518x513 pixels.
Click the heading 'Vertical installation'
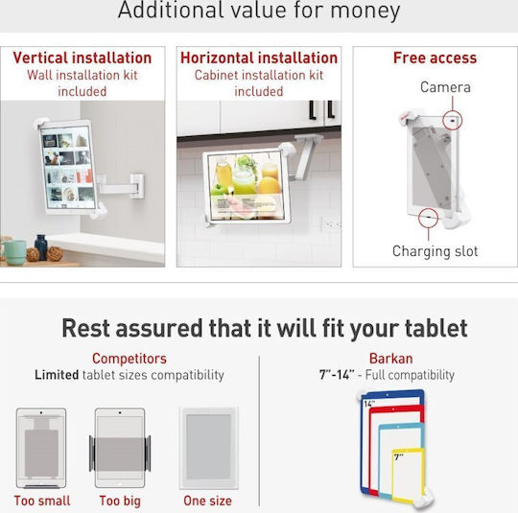pyautogui.click(x=82, y=58)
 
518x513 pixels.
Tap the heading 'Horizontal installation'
pyautogui.click(x=259, y=58)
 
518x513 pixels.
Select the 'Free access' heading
pyautogui.click(x=435, y=58)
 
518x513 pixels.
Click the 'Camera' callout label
pyautogui.click(x=445, y=87)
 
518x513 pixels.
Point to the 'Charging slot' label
pyautogui.click(x=436, y=251)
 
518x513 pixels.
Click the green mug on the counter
pyautogui.click(x=14, y=252)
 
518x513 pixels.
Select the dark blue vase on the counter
pyautogui.click(x=41, y=246)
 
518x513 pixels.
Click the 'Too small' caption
pyautogui.click(x=42, y=501)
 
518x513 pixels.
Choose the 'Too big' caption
pyautogui.click(x=120, y=501)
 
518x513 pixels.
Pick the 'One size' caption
pyautogui.click(x=207, y=501)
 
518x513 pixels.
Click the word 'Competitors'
pyautogui.click(x=129, y=359)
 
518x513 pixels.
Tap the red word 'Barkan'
pyautogui.click(x=390, y=359)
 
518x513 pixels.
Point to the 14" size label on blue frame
pyautogui.click(x=368, y=404)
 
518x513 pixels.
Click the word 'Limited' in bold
pyautogui.click(x=57, y=375)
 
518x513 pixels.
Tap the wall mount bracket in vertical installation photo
pyautogui.click(x=137, y=186)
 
